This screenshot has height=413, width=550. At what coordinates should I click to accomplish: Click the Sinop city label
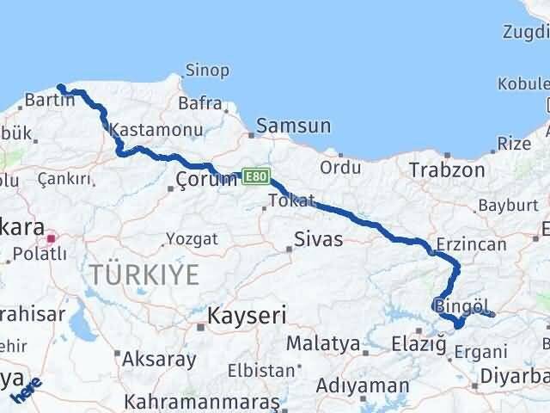pyautogui.click(x=208, y=71)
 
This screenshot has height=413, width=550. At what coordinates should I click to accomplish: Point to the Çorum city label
pyautogui.click(x=205, y=179)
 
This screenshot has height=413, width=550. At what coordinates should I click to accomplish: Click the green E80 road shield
pyautogui.click(x=254, y=175)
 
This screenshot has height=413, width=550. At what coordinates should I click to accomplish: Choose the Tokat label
pyautogui.click(x=285, y=200)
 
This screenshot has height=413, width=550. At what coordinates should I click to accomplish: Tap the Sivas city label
pyautogui.click(x=318, y=238)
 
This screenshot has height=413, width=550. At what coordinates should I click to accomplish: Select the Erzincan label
pyautogui.click(x=471, y=244)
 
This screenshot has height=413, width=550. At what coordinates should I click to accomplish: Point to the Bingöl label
pyautogui.click(x=461, y=305)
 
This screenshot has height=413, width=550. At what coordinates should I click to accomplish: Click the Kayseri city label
pyautogui.click(x=246, y=316)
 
